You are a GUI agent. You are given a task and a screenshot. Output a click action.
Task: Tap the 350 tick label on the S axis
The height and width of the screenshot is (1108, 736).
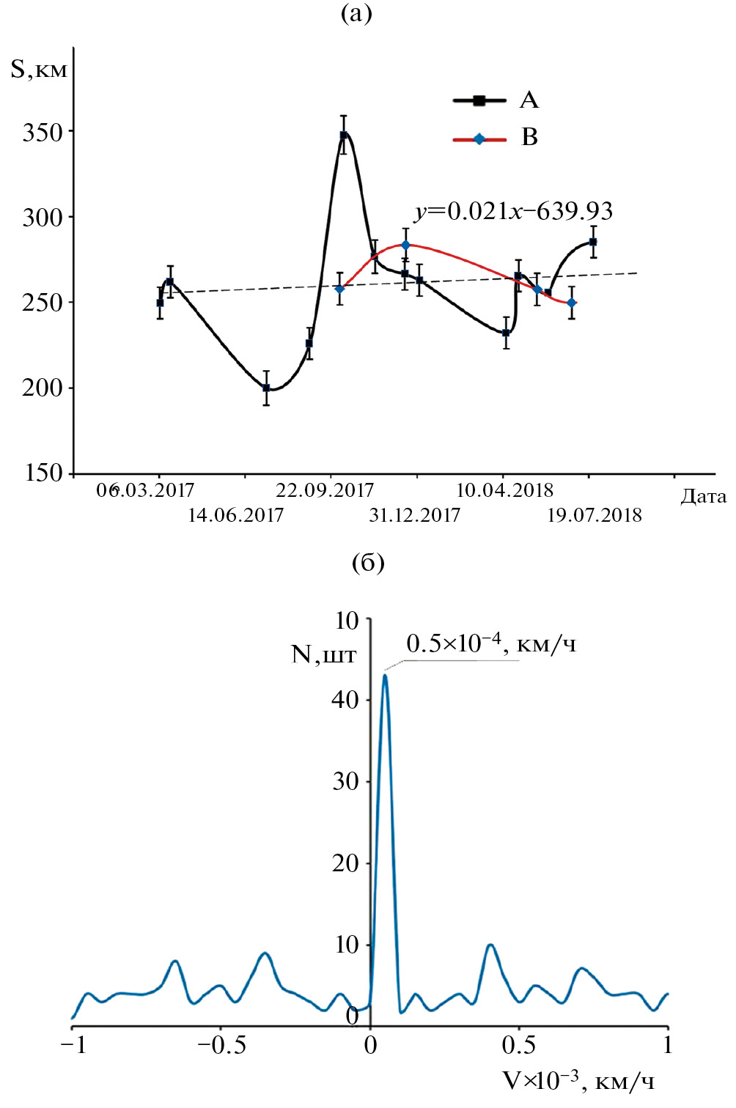coord(43,133)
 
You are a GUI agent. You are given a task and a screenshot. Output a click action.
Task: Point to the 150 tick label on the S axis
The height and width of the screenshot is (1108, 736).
coord(43,473)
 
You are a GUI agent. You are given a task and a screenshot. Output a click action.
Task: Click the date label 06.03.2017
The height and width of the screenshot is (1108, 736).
coord(145,490)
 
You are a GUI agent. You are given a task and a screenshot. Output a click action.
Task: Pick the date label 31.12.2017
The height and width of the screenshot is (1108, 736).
coord(415,515)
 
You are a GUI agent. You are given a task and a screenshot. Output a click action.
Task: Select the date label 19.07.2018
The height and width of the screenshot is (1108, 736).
coord(595,515)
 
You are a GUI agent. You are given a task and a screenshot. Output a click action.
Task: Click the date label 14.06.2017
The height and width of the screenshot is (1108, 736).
coord(235,515)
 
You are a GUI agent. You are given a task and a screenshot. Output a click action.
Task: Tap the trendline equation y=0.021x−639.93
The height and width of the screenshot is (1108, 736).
coord(513,211)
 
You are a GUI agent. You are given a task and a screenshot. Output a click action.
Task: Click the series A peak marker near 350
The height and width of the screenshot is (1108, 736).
coord(343,135)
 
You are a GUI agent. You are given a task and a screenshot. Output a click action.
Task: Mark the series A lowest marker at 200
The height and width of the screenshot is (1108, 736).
coord(266,388)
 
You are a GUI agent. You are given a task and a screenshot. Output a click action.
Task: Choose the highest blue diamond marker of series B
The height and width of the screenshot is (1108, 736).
coord(405,245)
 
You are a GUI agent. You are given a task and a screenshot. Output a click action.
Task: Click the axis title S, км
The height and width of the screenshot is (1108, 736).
coord(39,70)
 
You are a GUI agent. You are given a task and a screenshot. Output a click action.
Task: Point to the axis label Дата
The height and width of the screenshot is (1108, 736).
coord(703,497)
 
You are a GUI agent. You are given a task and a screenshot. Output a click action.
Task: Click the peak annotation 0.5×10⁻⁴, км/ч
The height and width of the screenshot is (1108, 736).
coord(491,643)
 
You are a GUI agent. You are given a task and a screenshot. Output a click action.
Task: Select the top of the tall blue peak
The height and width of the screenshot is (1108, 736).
coord(385,676)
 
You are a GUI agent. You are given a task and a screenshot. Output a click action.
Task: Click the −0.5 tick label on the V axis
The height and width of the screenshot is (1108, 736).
coord(222,1045)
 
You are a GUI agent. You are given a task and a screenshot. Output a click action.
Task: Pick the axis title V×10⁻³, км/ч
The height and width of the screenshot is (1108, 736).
coord(578,1080)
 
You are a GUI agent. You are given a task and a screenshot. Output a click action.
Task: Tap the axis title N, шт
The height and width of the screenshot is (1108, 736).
coord(323,654)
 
